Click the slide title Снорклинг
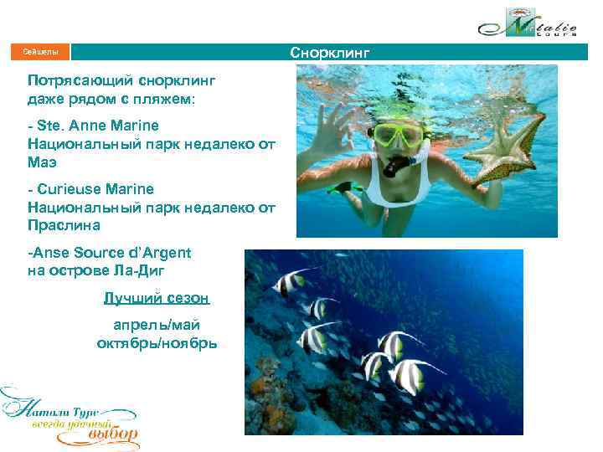tap(329, 54)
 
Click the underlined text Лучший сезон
tap(157, 298)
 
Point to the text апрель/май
tap(157, 325)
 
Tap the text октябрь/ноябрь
tap(157, 342)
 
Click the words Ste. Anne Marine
tap(97, 126)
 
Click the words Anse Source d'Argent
tap(109, 252)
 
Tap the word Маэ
tap(42, 162)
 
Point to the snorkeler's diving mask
tap(401, 135)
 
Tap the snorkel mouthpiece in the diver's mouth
tap(392, 167)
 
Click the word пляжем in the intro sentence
tap(162, 99)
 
